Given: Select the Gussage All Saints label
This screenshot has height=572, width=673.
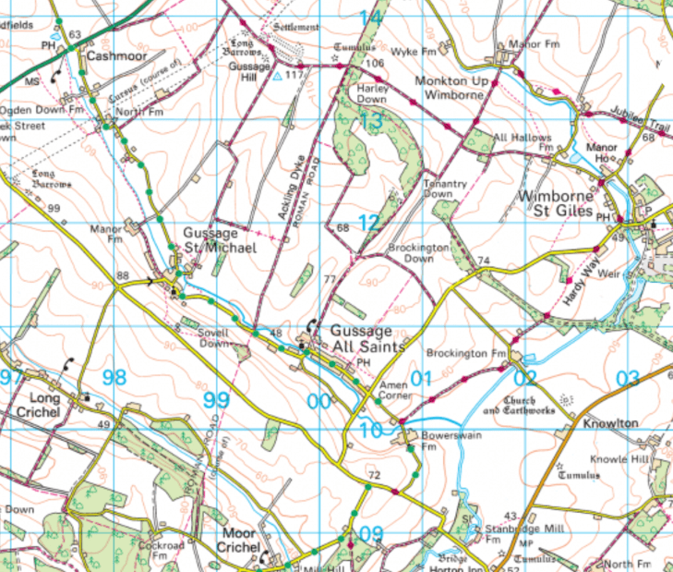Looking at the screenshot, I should pos(363,338).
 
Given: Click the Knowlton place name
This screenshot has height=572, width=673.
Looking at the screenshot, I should pos(610,422).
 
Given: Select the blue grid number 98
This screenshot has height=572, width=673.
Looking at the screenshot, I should pos(114,377).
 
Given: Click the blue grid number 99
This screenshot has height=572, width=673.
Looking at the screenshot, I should pos(215,399).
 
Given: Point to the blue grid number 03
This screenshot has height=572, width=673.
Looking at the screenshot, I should pos(627,377).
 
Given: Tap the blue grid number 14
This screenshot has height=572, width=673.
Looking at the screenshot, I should pos(370,18).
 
